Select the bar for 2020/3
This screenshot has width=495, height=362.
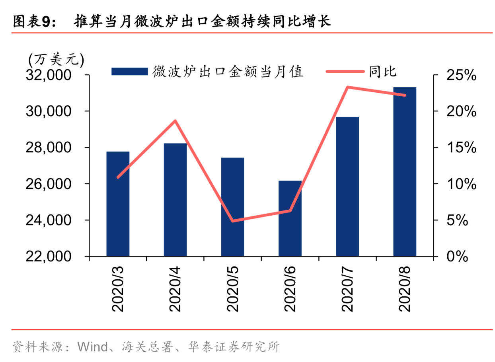tap(118, 204)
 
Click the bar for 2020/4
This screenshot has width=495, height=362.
tap(175, 200)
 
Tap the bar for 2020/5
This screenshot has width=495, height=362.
tap(233, 207)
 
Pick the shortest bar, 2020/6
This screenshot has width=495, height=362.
tap(290, 218)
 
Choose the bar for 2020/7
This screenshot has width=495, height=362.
tap(347, 187)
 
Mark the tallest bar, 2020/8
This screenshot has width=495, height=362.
tap(405, 171)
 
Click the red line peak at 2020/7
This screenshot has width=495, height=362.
tap(347, 87)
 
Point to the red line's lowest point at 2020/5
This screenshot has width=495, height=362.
tap(233, 221)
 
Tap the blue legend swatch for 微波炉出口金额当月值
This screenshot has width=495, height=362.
tap(130, 72)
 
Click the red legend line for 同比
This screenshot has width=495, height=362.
tap(345, 72)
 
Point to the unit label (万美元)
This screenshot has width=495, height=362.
tap(56, 60)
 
